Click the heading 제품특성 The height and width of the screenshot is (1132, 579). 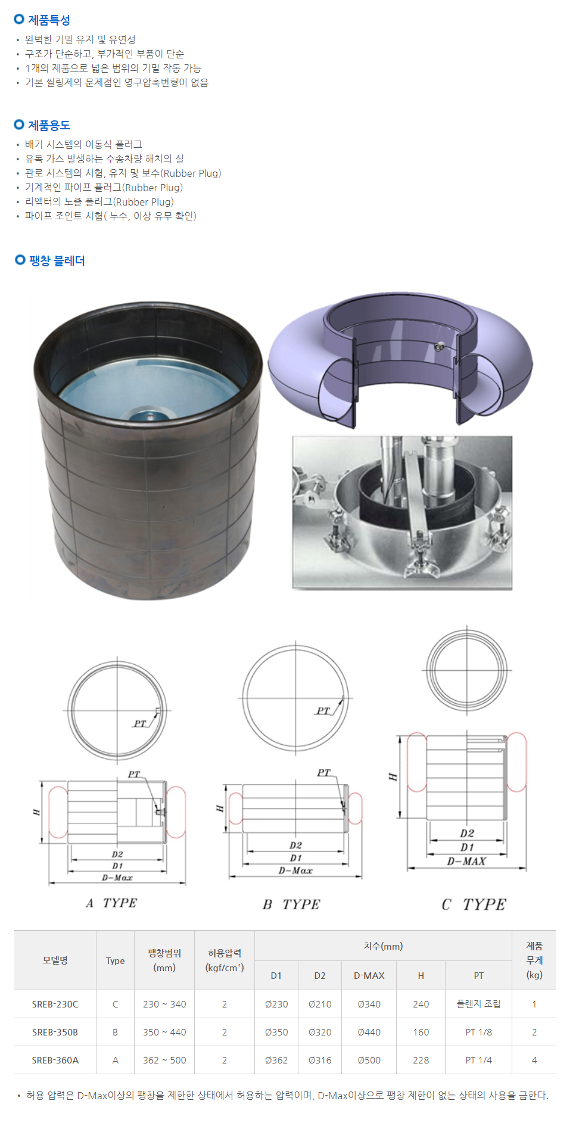tap(49, 20)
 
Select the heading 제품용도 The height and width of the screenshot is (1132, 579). tap(49, 125)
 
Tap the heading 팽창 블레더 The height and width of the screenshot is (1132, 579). tap(57, 260)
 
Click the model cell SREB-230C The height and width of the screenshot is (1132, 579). tap(55, 1004)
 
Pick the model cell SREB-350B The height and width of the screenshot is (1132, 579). tap(55, 1032)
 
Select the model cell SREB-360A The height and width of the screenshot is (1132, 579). tap(55, 1060)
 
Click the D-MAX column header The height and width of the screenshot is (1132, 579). tap(369, 975)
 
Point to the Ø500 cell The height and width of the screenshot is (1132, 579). tap(369, 1060)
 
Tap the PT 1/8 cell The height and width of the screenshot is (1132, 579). tap(479, 1032)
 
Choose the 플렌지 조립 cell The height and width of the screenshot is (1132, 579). tap(479, 1004)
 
